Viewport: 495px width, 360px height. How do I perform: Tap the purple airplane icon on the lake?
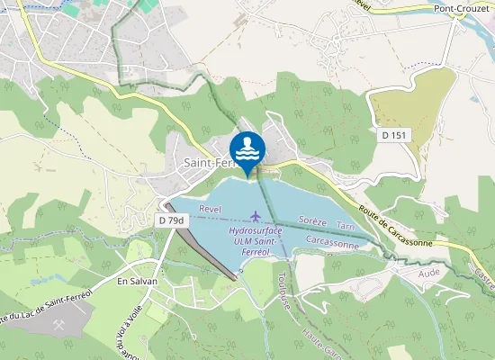pyautogui.click(x=257, y=216)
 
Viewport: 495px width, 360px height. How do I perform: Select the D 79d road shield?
pyautogui.click(x=171, y=220)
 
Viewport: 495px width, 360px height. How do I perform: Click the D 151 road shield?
pyautogui.click(x=393, y=135)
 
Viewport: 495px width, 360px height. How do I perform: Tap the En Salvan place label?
pyautogui.click(x=137, y=281)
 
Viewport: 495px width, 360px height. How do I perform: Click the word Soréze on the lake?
pyautogui.click(x=311, y=220)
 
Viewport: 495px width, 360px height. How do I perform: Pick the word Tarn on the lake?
pyautogui.click(x=345, y=227)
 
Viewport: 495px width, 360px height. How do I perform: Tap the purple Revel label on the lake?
pyautogui.click(x=210, y=208)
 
